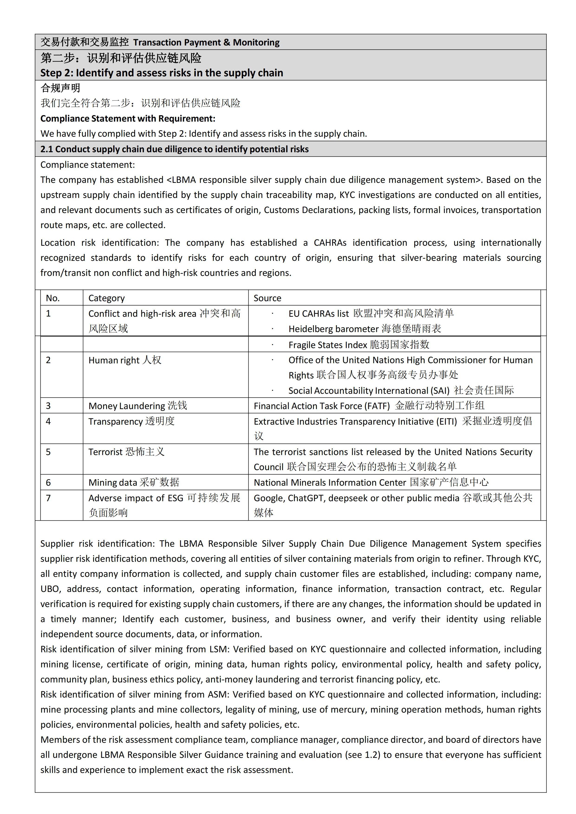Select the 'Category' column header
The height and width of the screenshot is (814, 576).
pos(106,298)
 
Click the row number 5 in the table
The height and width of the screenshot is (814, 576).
pos(49,452)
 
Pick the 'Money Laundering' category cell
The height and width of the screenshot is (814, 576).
pos(138,406)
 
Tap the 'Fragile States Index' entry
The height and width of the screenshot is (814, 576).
pos(359,345)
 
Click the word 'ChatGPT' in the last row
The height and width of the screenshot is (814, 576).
pos(306,498)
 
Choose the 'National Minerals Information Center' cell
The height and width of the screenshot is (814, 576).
pos(371,482)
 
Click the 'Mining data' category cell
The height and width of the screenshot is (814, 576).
pos(134,482)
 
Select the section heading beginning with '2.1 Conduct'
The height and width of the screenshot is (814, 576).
pos(175,149)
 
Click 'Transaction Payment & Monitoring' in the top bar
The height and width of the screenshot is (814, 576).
pos(206,42)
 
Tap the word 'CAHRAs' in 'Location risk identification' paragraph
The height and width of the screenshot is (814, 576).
pos(330,243)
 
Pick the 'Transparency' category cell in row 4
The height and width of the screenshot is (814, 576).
pos(131,422)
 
